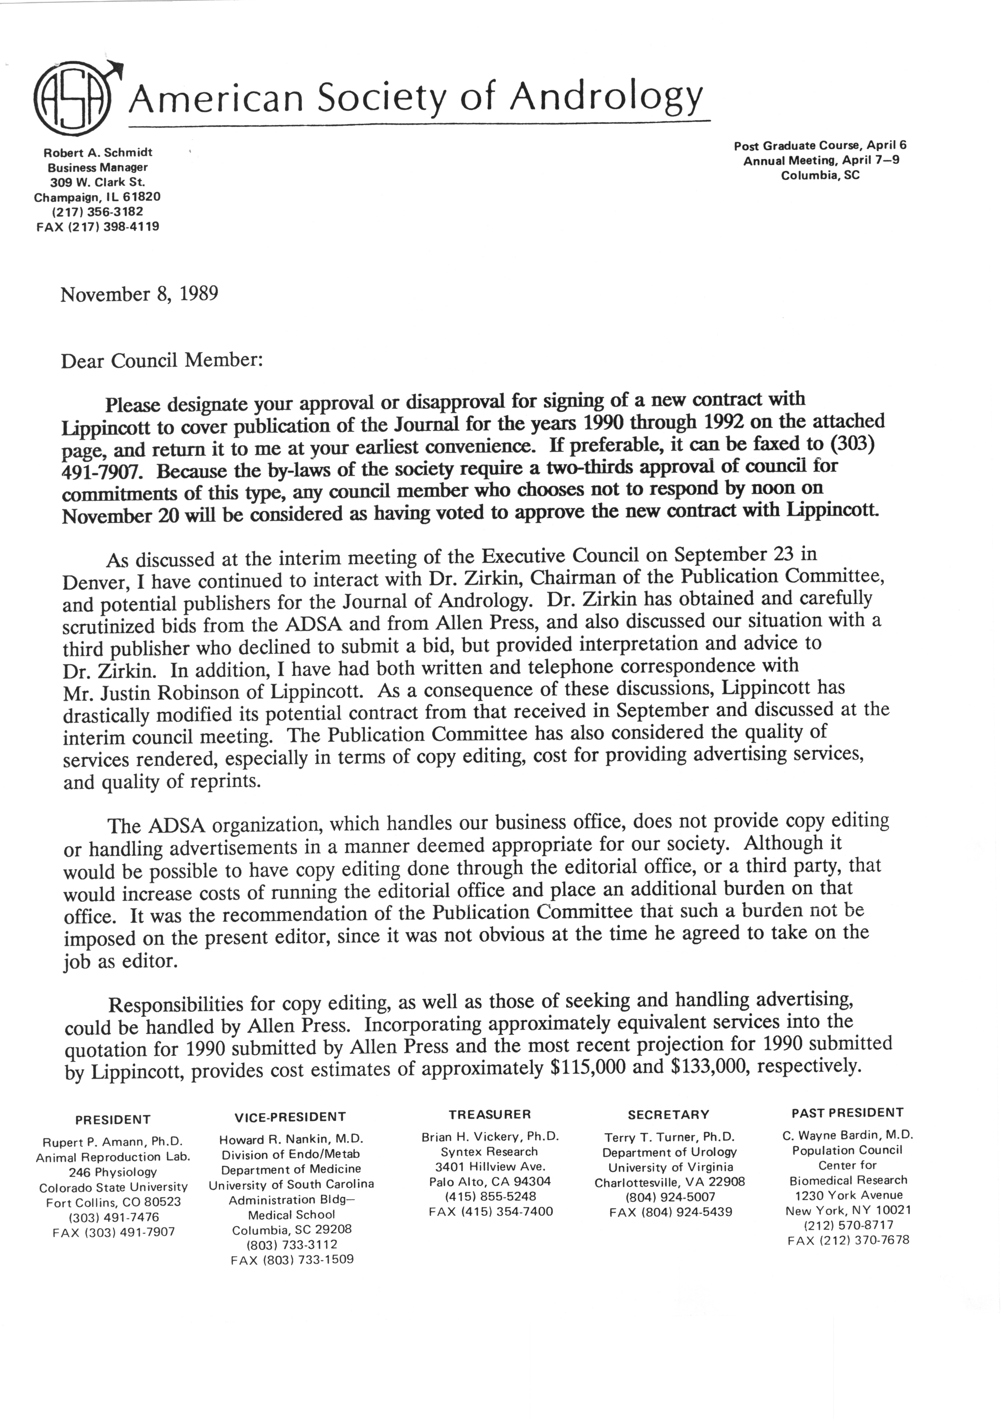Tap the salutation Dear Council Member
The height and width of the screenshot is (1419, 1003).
[162, 360]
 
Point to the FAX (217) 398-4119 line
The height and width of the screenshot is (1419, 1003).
[98, 227]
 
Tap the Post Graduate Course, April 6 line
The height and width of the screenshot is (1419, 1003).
[820, 146]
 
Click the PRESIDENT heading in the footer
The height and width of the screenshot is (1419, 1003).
[113, 1119]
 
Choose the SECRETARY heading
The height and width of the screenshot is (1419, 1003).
[669, 1115]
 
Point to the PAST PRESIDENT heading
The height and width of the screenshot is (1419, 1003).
[847, 1113]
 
